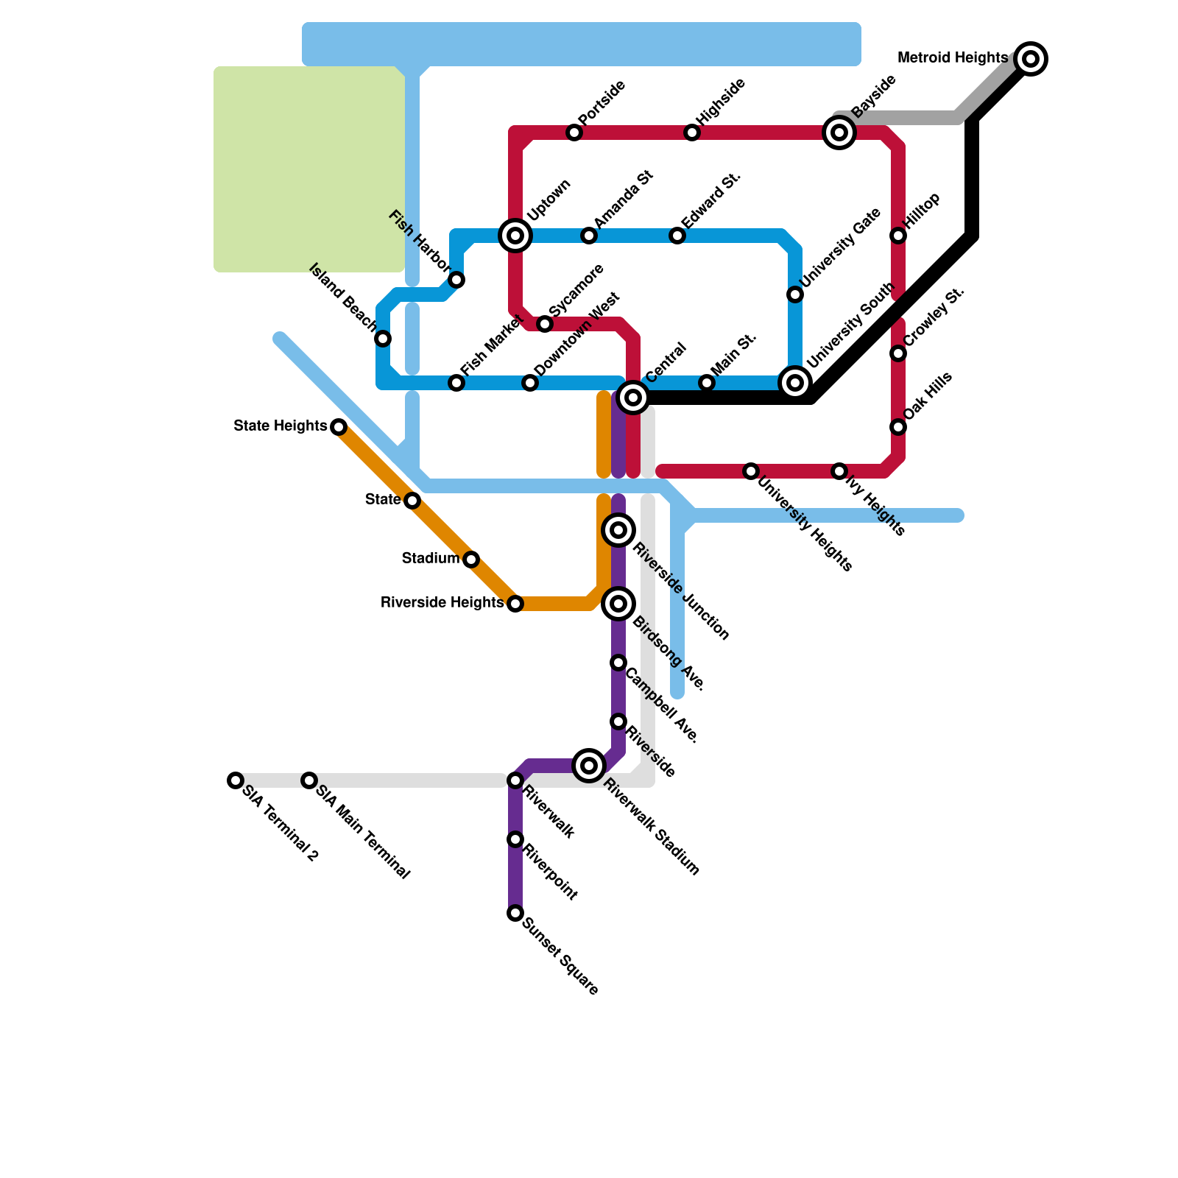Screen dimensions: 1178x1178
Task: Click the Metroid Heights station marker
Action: click(x=1031, y=59)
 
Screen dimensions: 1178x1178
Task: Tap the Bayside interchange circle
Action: click(x=839, y=133)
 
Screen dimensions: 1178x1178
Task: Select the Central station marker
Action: click(x=633, y=398)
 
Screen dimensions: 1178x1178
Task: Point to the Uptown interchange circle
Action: click(x=515, y=236)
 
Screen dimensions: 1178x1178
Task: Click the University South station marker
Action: click(x=795, y=383)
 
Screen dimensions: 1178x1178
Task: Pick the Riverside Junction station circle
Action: click(x=618, y=530)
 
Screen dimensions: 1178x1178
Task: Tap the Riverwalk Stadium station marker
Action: click(x=589, y=766)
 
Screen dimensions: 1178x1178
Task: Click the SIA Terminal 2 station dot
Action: click(x=236, y=780)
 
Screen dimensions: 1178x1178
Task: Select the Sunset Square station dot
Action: click(x=515, y=913)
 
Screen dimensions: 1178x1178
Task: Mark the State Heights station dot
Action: click(x=339, y=427)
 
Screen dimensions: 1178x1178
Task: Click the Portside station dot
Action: click(x=574, y=133)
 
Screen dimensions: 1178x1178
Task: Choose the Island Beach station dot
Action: click(x=383, y=339)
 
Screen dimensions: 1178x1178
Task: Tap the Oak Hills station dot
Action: click(x=898, y=427)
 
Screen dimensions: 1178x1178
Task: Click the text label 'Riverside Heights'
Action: click(x=442, y=603)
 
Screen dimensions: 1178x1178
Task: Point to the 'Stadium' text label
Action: click(x=431, y=559)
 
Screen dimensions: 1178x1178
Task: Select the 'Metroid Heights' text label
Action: click(x=953, y=57)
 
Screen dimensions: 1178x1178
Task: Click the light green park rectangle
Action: click(x=309, y=169)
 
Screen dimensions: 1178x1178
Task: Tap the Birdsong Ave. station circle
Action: click(x=618, y=604)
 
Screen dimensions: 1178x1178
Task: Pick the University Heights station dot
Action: click(x=751, y=471)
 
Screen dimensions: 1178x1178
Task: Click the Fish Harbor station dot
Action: click(x=456, y=280)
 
